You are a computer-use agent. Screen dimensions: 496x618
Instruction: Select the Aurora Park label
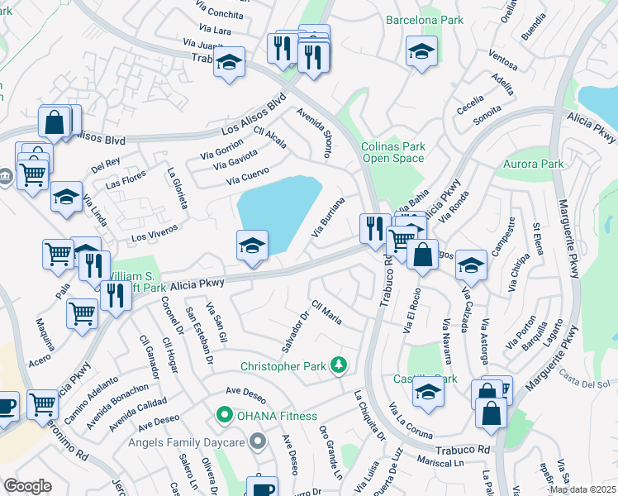click(x=534, y=164)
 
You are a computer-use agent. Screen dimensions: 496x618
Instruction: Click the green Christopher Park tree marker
click(x=337, y=365)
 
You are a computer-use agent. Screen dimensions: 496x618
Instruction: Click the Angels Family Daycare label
click(x=188, y=442)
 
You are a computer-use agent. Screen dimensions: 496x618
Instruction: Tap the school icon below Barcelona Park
click(x=421, y=53)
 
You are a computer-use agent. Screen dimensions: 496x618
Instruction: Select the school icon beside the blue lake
click(x=252, y=246)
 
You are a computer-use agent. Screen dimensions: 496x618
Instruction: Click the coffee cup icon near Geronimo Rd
click(x=7, y=407)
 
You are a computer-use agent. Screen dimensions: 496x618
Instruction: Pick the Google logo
click(x=28, y=486)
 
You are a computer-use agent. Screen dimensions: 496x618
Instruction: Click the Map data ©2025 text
click(x=582, y=489)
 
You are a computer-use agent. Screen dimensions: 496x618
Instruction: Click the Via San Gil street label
click(x=216, y=320)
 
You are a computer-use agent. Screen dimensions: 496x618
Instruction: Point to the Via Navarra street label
click(x=447, y=341)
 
